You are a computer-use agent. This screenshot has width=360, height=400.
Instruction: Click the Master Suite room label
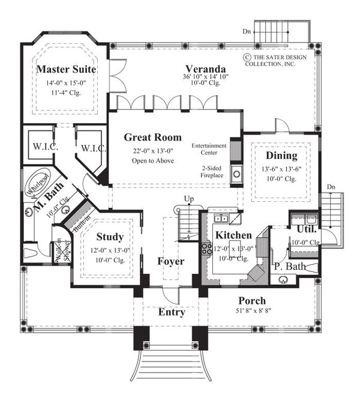point(67,70)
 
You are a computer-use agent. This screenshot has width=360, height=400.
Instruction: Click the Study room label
point(109,237)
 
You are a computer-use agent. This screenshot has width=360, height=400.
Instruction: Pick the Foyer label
point(170,262)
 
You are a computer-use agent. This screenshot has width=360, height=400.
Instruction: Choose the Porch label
point(251,300)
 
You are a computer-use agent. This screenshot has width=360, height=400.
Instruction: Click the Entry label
point(171,313)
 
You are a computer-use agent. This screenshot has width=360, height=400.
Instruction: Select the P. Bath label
point(291,266)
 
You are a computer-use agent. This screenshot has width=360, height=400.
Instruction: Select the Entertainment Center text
point(209,148)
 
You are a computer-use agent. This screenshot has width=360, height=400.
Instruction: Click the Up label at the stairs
point(188,198)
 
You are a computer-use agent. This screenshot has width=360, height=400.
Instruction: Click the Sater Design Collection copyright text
point(278,61)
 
